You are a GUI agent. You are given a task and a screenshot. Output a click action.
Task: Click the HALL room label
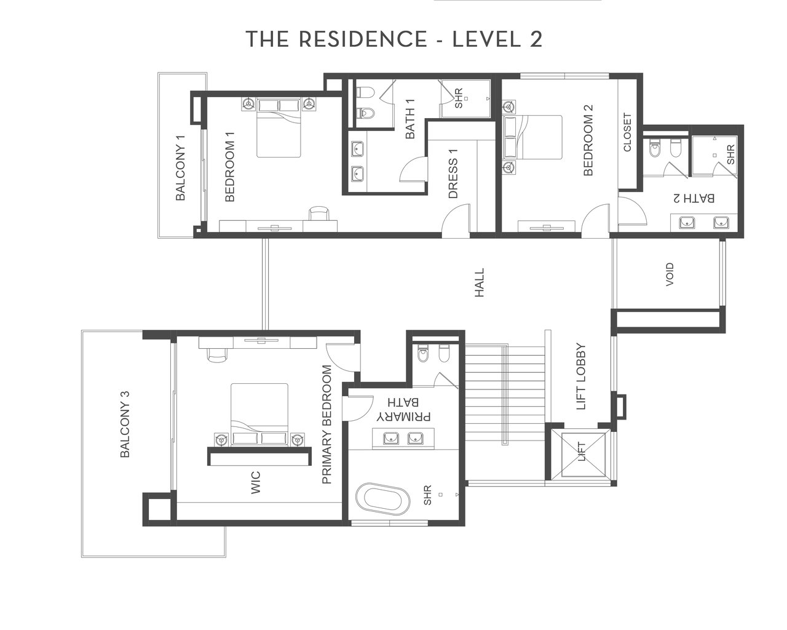click(479, 282)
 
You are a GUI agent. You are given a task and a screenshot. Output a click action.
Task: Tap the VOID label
click(669, 274)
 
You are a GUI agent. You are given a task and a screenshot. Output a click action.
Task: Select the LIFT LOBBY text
click(581, 377)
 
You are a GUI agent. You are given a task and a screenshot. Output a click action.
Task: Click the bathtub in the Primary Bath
click(382, 500)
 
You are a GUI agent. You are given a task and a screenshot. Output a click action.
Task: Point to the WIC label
click(256, 482)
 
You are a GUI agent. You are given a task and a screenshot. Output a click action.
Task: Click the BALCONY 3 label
click(125, 425)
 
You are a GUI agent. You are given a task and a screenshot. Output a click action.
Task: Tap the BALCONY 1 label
click(181, 168)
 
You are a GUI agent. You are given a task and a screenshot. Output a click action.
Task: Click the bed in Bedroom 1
click(279, 128)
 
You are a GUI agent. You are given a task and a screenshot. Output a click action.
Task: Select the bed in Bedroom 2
click(532, 137)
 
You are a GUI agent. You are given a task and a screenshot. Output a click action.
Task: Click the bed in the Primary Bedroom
click(259, 415)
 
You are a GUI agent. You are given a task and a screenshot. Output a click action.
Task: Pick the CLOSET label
click(627, 132)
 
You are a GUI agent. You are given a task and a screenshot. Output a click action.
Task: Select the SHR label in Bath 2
click(730, 154)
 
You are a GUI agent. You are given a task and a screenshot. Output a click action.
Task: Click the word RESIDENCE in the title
click(363, 39)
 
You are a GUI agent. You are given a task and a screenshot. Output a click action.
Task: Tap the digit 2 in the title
click(536, 39)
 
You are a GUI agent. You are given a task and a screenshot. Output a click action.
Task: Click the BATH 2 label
click(694, 198)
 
